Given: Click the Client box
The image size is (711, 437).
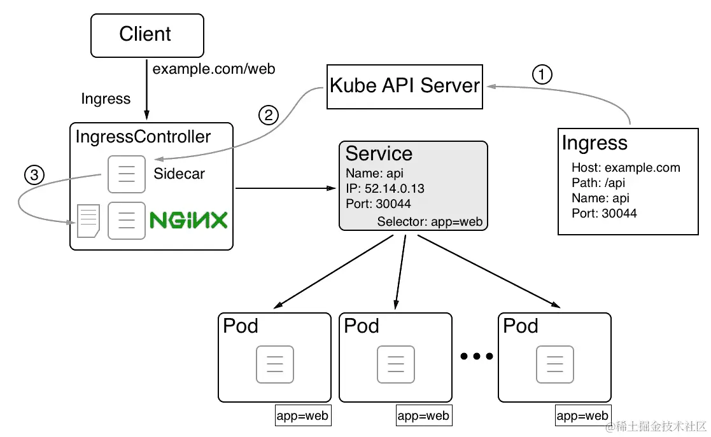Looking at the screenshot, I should tap(147, 35).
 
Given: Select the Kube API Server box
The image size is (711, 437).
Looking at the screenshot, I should tap(404, 86).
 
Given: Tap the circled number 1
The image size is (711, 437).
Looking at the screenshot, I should tap(542, 75).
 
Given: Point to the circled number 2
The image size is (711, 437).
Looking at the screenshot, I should tap(269, 115).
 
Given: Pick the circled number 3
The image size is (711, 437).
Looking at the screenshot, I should tap(34, 175).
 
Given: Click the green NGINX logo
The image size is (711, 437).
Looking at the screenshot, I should tap(188, 221).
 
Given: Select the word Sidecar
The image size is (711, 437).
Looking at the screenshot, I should tap(180, 174).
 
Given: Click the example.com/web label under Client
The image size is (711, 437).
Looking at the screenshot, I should tap(214, 69).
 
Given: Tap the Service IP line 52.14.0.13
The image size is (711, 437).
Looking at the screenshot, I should tap(384, 189).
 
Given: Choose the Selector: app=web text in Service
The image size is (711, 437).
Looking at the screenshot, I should tap(430, 222).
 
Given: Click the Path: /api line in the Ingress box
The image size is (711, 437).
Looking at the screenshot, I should tap(598, 183).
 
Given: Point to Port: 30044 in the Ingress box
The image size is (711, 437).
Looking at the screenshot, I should tap(604, 213).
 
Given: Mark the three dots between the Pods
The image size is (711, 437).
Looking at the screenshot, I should tap(476, 357).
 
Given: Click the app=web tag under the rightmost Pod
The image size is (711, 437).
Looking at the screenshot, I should tap(583, 416).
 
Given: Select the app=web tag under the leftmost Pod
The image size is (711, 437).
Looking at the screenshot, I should tap(302, 416).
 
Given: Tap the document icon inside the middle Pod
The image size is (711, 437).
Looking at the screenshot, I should tap(396, 364).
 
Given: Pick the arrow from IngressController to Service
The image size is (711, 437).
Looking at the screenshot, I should tap(286, 188).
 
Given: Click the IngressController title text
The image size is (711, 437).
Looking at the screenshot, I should tap(143, 136).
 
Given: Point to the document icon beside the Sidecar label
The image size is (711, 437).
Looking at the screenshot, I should tap(127, 174).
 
